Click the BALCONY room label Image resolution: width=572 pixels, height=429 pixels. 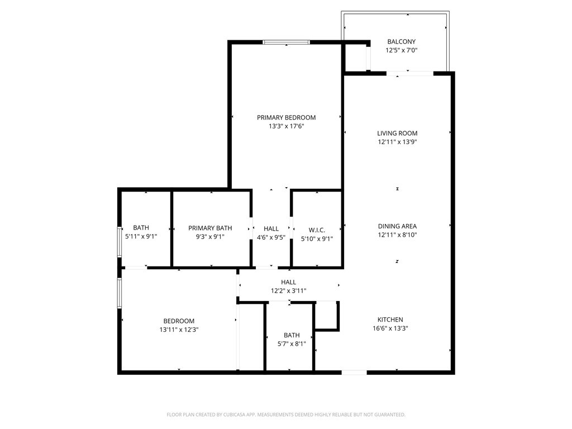pos(401,41)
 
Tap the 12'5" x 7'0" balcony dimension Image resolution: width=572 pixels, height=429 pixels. pos(401,50)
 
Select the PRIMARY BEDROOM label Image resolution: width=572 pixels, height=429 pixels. pos(286,117)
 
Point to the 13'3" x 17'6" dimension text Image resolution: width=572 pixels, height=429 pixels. pos(286,126)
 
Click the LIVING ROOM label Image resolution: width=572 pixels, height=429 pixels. pos(397,133)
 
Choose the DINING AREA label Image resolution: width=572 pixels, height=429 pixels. pos(397,226)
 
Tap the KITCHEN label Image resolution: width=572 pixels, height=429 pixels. pos(390,320)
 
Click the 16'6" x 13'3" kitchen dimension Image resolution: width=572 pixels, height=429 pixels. pos(390,328)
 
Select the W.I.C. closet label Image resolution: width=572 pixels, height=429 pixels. pos(317,230)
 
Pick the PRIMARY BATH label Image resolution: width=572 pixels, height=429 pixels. pos(210,228)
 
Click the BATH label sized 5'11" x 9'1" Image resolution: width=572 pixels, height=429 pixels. pos(141,227)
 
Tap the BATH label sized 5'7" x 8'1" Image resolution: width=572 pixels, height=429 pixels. pos(292,335)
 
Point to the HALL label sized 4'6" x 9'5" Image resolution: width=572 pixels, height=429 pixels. pos(271,228)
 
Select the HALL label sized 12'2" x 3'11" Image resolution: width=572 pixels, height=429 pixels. pos(289,282)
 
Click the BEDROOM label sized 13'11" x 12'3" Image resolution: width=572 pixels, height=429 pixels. pos(179,321)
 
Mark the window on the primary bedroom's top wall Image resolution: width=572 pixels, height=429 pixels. pos(287,42)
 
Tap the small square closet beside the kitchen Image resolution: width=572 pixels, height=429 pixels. pos(327,316)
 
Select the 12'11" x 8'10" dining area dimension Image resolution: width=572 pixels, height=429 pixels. pos(397,235)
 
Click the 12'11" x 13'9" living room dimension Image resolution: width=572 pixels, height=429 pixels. pos(397,142)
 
